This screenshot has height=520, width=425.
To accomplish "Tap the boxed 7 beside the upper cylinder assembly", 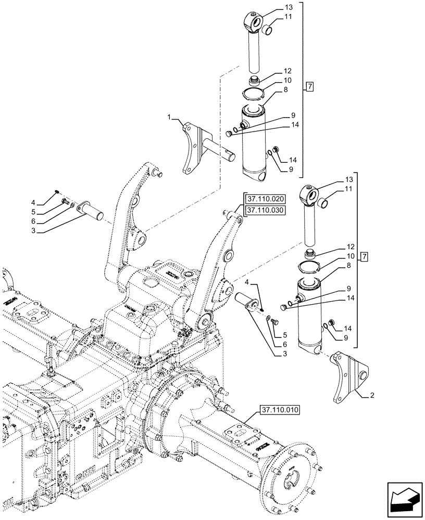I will tap(309, 87).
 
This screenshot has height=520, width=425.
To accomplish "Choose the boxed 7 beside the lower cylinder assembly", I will tap(364, 257).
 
